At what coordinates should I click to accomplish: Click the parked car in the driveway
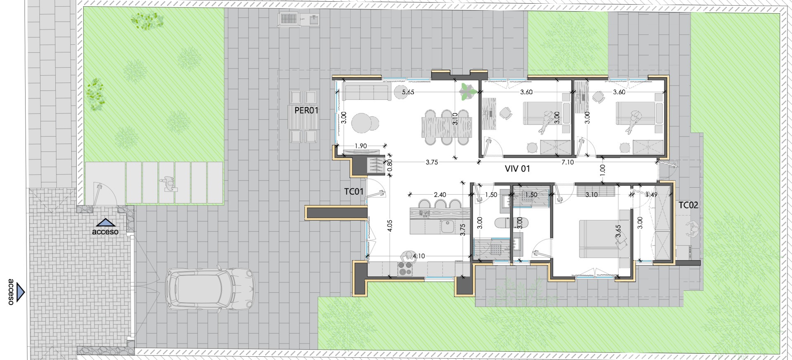(x=210, y=289)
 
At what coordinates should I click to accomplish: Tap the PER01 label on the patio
(x=306, y=110)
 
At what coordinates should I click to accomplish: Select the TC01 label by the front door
(x=354, y=191)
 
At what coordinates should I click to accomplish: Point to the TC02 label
(x=688, y=205)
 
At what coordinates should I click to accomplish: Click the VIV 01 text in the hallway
(x=517, y=169)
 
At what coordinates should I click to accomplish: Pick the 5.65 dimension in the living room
(x=408, y=92)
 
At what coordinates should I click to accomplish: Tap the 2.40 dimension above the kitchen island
(x=440, y=195)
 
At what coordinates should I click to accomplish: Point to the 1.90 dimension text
(x=361, y=146)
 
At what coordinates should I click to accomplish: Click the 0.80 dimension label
(x=390, y=166)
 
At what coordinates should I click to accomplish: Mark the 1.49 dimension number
(x=651, y=195)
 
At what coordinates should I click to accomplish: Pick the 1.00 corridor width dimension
(x=603, y=169)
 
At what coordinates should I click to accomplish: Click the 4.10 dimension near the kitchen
(x=419, y=256)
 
